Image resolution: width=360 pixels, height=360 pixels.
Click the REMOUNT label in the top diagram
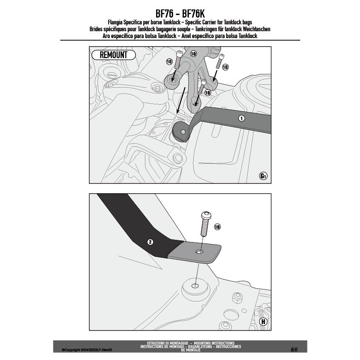point(113,55)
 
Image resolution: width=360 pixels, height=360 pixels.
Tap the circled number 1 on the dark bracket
point(241,118)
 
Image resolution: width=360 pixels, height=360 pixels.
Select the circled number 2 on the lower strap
point(150,242)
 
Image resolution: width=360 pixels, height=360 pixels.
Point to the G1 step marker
point(263,176)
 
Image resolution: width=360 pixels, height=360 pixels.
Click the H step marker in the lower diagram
point(263,322)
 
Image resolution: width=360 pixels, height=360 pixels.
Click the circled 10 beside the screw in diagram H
point(217,227)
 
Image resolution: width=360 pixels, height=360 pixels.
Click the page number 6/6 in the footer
point(294,349)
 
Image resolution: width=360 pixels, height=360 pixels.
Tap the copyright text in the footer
point(87,350)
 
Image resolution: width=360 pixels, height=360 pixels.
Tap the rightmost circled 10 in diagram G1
point(225,67)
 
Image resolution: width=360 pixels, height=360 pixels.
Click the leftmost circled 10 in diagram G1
point(169,62)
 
